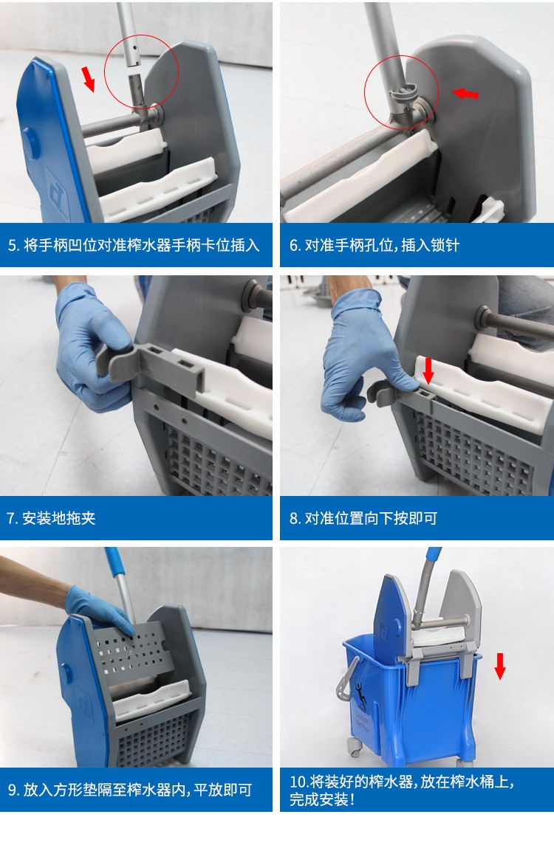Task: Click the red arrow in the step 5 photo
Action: [89, 78]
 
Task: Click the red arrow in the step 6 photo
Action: [465, 94]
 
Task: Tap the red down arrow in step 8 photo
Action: [428, 370]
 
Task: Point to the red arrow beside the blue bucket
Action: [500, 666]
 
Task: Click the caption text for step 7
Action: [52, 518]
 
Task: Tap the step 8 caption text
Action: [363, 518]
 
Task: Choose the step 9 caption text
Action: [130, 790]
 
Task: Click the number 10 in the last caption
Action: [299, 782]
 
